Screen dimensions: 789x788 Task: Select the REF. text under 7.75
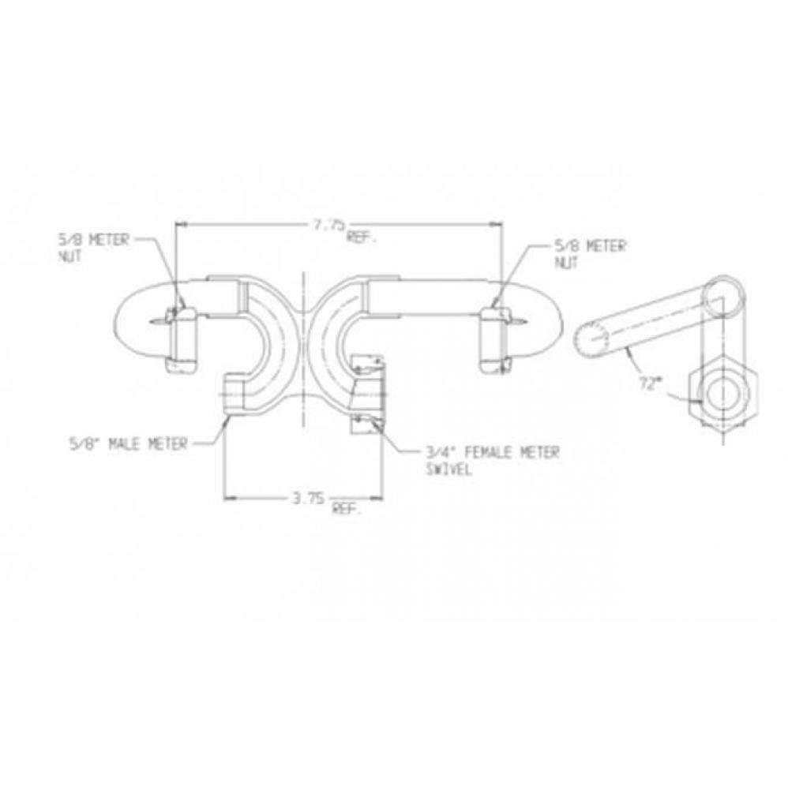pyautogui.click(x=360, y=236)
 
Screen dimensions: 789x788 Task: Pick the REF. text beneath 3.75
pyautogui.click(x=347, y=510)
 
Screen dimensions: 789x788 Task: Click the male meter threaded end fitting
pyautogui.click(x=235, y=391)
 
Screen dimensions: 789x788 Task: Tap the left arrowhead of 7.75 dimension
pyautogui.click(x=178, y=224)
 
